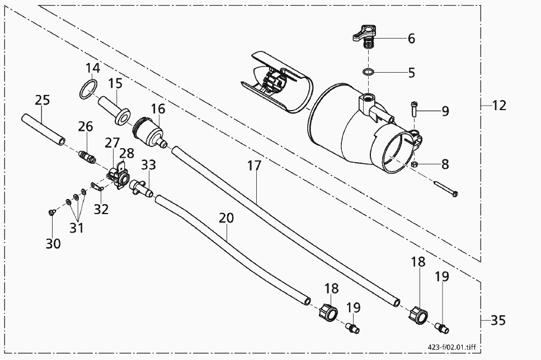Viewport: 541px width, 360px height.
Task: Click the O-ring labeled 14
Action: (x=87, y=89)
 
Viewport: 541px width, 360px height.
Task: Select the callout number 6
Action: (x=411, y=39)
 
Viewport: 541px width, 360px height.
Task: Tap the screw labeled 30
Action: (x=51, y=212)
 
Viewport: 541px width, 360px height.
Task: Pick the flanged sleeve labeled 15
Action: (x=114, y=110)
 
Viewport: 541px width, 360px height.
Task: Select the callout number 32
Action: (x=101, y=209)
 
